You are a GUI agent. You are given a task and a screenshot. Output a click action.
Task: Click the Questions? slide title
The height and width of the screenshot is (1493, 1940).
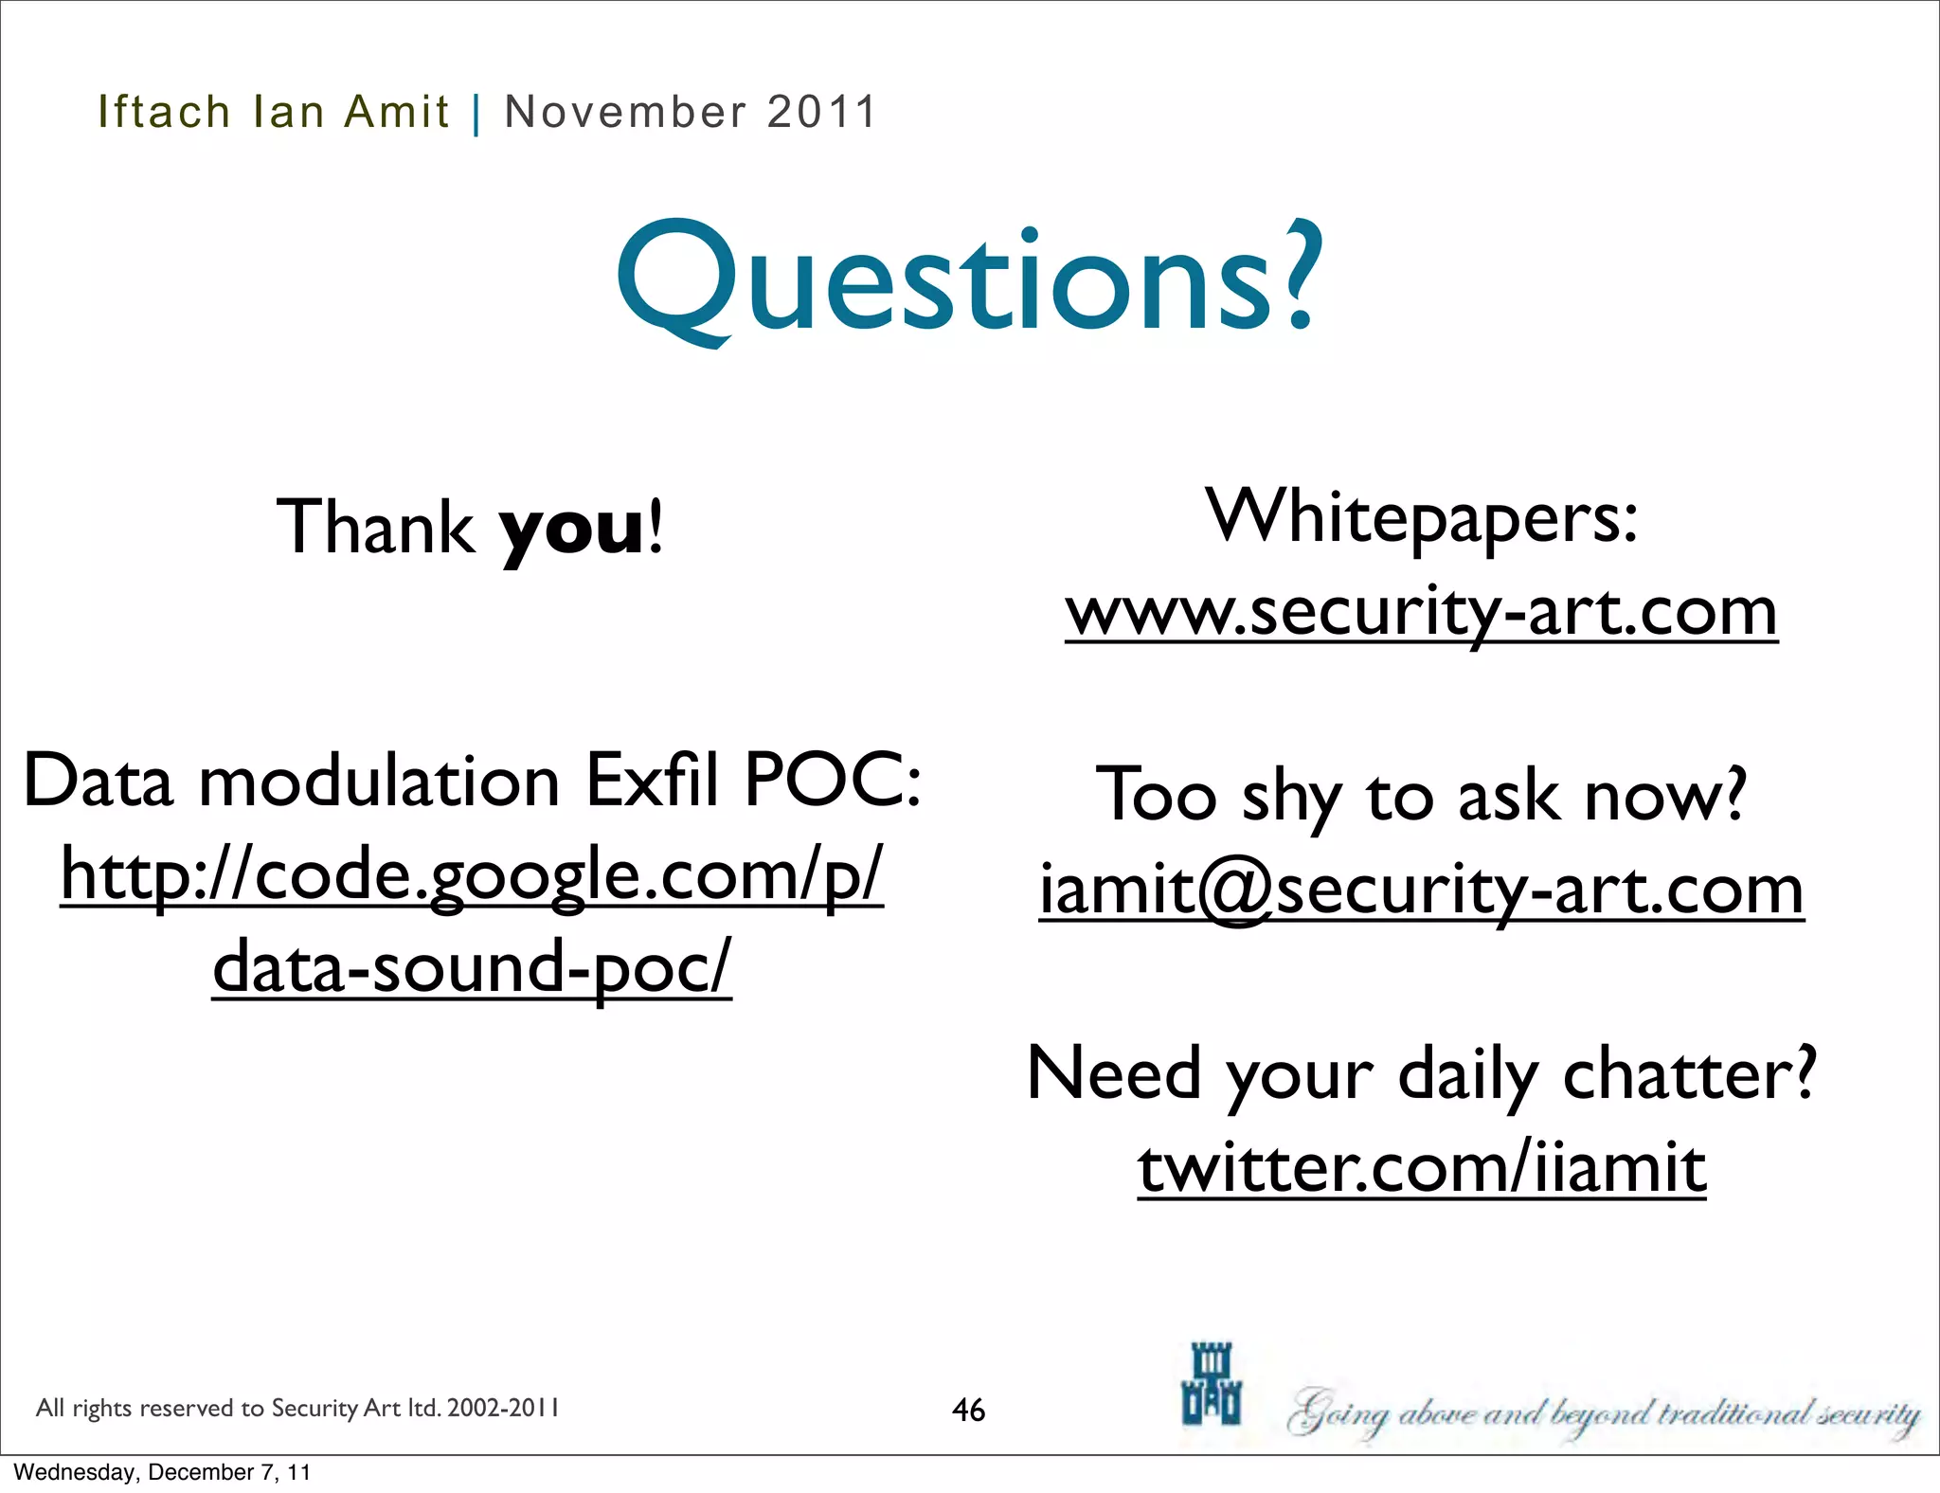[x=968, y=280]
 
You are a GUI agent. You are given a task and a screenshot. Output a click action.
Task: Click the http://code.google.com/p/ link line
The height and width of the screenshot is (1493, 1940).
[x=472, y=873]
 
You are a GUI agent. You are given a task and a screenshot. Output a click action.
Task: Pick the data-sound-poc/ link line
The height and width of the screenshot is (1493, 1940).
[x=472, y=966]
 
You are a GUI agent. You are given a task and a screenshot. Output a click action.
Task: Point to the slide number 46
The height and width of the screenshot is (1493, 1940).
[x=968, y=1410]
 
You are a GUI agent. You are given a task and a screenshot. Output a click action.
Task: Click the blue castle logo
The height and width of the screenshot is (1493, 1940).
[x=1212, y=1384]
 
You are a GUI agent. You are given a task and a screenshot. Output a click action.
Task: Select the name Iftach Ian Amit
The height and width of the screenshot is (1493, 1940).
[x=273, y=112]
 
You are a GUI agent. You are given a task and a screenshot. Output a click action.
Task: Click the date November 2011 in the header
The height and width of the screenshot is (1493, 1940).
[x=690, y=112]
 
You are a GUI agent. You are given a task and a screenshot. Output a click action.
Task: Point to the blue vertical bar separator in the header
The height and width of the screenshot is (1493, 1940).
[x=476, y=114]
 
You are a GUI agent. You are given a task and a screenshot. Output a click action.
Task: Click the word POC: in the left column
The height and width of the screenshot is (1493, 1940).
[x=833, y=781]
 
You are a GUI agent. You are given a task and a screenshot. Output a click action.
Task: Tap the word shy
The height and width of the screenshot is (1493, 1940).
[x=1291, y=798]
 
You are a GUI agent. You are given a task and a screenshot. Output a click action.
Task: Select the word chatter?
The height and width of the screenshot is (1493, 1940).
[x=1689, y=1074]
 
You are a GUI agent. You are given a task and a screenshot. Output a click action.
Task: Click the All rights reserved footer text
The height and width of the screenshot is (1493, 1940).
[x=297, y=1408]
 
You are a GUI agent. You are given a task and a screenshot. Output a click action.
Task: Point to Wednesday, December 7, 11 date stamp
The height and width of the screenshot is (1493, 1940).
[x=162, y=1472]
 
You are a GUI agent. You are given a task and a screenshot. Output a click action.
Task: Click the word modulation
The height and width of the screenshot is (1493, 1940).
[x=379, y=781]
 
